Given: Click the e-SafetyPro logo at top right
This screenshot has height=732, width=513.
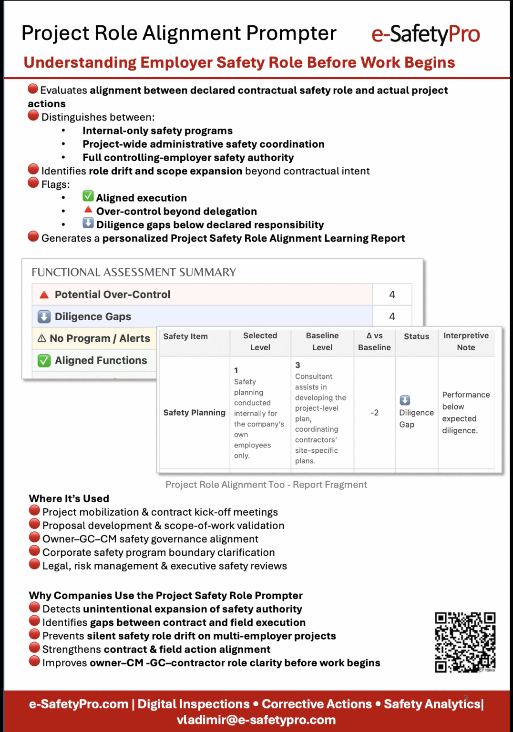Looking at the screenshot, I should (425, 34).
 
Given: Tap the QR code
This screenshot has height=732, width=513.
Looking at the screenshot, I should (465, 642).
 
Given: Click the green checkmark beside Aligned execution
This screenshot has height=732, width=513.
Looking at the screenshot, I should (88, 196).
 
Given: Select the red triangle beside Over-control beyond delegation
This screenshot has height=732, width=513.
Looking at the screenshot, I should (88, 209).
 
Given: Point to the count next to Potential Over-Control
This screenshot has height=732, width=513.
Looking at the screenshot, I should (392, 295).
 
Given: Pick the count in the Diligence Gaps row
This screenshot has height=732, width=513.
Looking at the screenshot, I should (392, 316).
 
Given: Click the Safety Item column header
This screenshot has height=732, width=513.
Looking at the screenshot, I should (185, 336).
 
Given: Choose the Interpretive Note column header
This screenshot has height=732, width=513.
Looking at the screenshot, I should (466, 341).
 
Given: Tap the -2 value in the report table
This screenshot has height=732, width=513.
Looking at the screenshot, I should (374, 413).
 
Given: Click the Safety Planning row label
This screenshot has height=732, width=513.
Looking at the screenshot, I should (194, 413).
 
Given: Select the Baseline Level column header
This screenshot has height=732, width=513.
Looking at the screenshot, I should (322, 341).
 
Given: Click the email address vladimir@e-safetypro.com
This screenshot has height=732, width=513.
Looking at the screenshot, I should (256, 720).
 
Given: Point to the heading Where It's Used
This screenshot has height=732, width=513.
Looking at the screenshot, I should (69, 498).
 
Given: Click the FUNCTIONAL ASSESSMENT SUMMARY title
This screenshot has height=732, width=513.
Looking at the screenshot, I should (133, 272).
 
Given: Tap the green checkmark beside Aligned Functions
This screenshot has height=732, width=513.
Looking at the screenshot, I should (44, 361).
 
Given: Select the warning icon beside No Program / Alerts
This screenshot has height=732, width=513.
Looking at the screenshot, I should (42, 338).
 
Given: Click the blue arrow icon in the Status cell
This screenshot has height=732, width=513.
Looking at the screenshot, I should (405, 400).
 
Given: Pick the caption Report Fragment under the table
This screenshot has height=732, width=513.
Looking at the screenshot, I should (330, 485).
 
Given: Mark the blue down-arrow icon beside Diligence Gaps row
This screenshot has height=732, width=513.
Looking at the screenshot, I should (44, 316).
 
